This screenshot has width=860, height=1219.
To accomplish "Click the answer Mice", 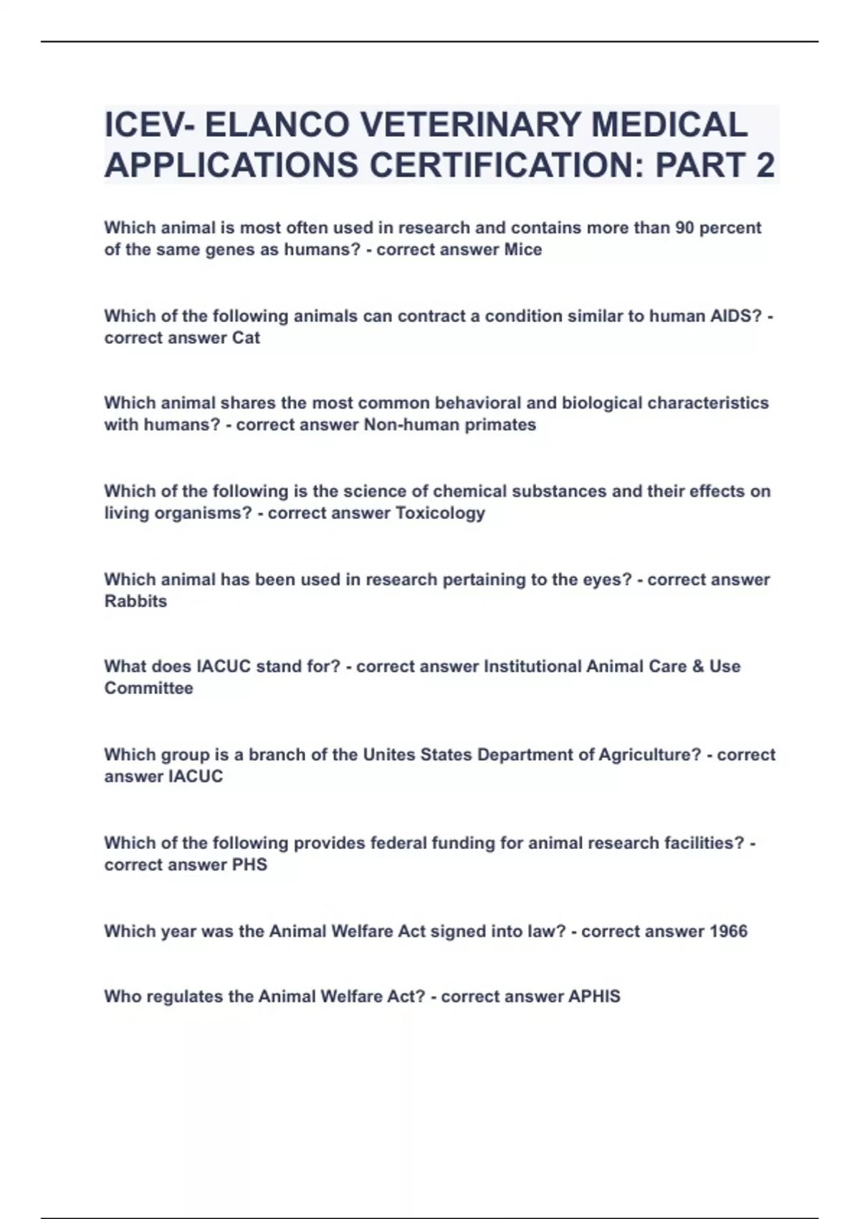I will (523, 250).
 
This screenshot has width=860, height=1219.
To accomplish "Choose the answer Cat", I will (246, 338).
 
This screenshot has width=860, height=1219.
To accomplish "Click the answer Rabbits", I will (135, 601).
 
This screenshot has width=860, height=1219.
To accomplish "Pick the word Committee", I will (148, 688).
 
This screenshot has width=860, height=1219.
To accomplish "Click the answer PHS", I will (249, 864).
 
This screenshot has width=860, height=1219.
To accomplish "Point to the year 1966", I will (728, 931).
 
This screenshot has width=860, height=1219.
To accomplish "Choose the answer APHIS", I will (594, 996).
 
